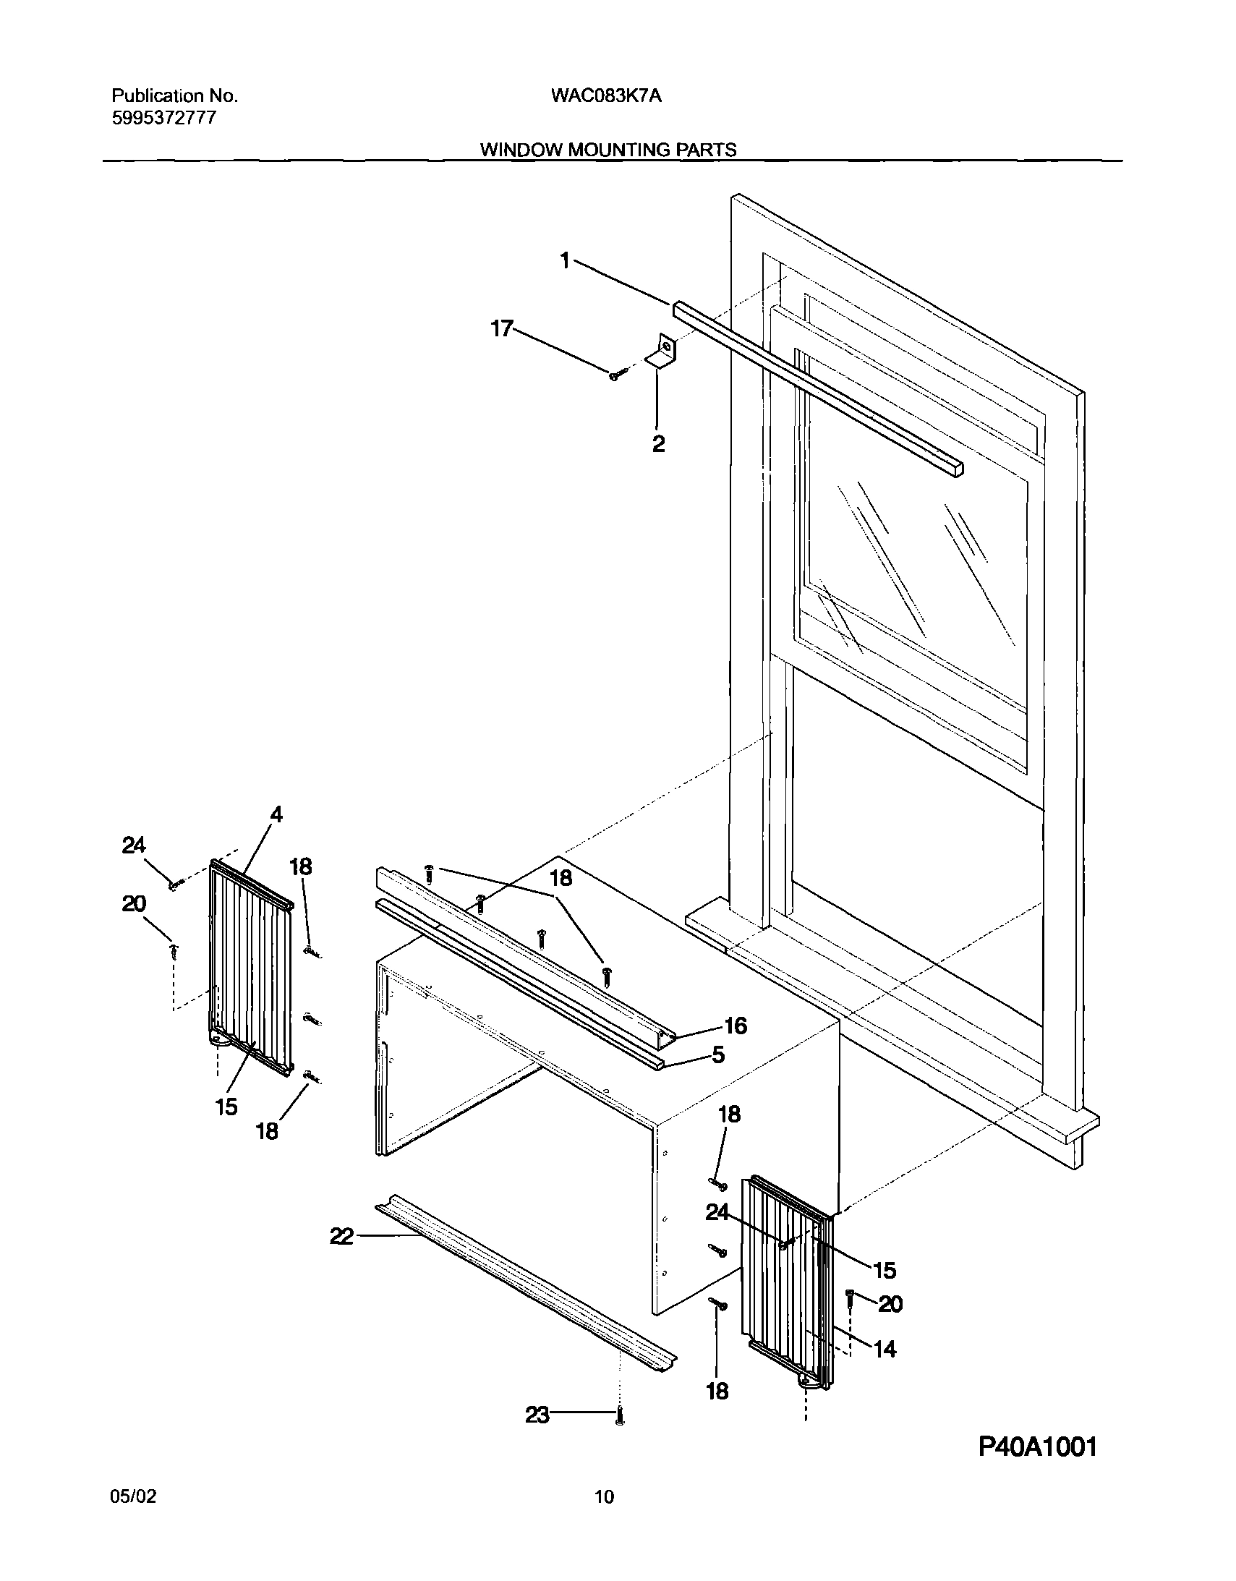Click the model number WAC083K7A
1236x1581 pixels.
coord(606,95)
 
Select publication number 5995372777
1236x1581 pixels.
coord(163,118)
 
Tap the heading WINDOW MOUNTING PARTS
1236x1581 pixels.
coord(608,150)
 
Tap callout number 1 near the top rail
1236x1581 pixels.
coord(566,260)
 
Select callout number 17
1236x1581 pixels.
coord(501,328)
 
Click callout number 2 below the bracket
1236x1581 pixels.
coord(657,444)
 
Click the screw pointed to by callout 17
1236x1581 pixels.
coord(615,374)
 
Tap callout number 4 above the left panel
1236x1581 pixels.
coord(276,814)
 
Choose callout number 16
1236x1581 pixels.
coord(735,1026)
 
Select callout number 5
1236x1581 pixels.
coord(717,1054)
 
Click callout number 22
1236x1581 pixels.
coord(341,1237)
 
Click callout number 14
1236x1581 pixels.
coord(885,1349)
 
